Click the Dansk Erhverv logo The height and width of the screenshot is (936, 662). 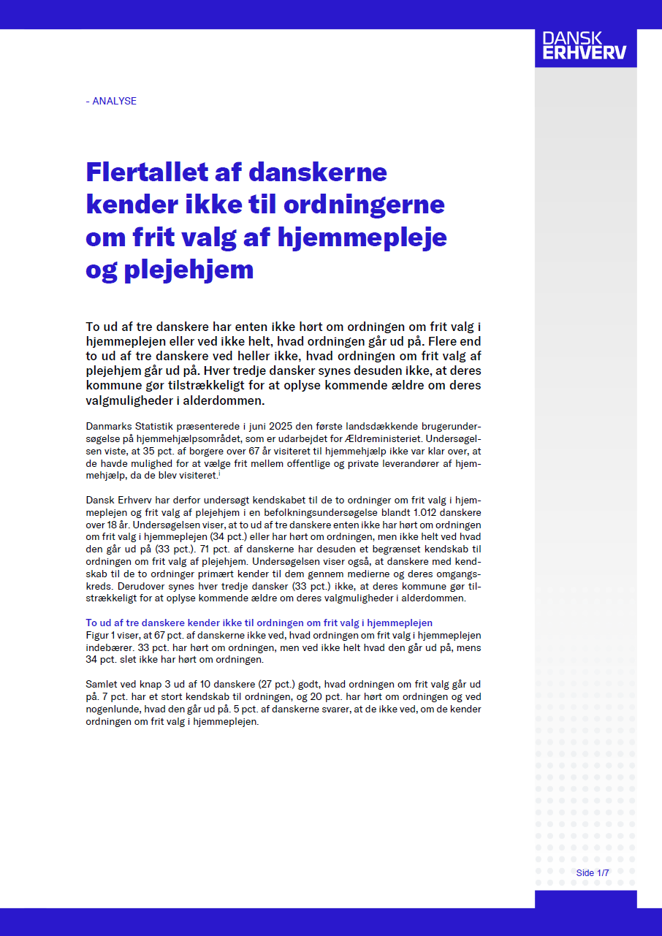coord(585,45)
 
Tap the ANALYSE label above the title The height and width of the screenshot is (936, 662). coord(111,101)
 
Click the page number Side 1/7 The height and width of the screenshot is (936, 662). coord(592,873)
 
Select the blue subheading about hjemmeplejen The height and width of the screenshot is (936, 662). coord(259,623)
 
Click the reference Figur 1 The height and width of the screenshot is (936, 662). coord(102,636)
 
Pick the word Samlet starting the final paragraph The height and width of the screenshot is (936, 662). coord(102,685)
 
